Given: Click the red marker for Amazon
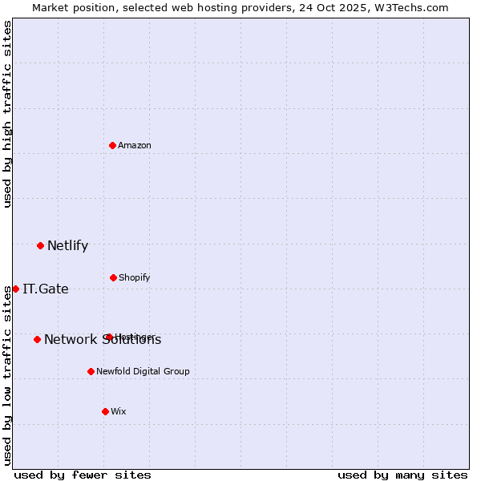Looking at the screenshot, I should click(x=113, y=145).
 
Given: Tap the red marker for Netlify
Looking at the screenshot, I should click(x=41, y=245).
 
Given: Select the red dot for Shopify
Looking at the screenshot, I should click(x=113, y=277).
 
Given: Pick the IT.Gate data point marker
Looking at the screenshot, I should click(x=15, y=289).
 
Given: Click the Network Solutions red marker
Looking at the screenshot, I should click(x=37, y=339).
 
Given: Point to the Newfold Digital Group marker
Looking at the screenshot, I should click(x=91, y=371).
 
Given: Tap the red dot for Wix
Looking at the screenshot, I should click(x=105, y=411).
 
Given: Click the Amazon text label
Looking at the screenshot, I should click(x=135, y=145).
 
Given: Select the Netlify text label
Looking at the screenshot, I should click(x=67, y=245).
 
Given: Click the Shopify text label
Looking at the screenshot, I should click(x=134, y=277).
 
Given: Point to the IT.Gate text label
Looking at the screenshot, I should click(x=46, y=289).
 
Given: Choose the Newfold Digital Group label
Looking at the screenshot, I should click(x=143, y=371).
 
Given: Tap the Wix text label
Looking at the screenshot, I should click(x=119, y=411).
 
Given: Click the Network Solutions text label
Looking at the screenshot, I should click(x=103, y=339).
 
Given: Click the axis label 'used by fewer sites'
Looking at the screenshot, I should click(x=83, y=475).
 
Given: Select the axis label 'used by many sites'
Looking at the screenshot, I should click(x=402, y=475).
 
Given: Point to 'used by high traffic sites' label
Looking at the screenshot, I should click(x=7, y=114).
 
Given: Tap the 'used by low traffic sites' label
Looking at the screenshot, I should click(x=7, y=375).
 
